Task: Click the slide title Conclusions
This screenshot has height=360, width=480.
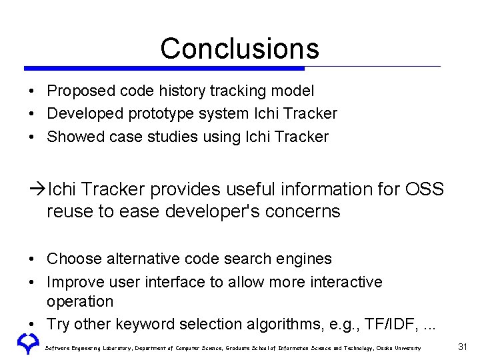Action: [239, 48]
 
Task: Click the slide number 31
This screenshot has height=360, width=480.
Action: [463, 347]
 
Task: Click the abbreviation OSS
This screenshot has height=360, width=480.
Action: [423, 190]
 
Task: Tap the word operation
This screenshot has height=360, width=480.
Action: [80, 302]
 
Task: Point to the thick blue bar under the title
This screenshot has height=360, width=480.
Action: [164, 68]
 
